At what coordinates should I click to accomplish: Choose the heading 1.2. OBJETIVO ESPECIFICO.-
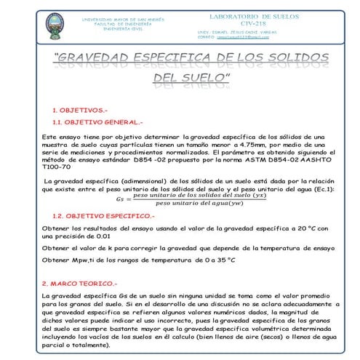(103, 216)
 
